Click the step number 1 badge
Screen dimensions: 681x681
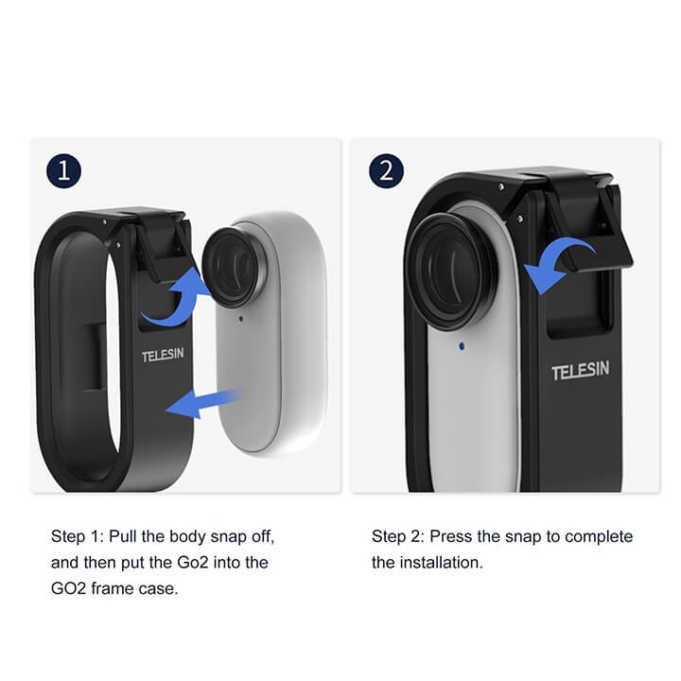click(63, 171)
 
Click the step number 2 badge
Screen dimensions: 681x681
click(386, 171)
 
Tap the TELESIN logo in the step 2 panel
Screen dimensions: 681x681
click(581, 372)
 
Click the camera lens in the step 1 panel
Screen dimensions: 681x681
click(232, 266)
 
